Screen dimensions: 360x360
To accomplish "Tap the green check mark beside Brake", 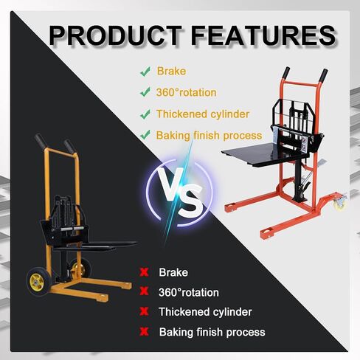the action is [145, 72].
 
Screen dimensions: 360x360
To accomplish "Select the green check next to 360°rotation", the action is [145, 92].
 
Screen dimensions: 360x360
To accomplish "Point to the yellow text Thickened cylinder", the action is [203, 114].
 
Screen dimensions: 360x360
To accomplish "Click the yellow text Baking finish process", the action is [209, 136].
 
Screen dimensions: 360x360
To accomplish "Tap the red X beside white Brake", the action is [144, 272].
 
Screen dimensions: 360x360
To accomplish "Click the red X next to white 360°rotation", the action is [144, 291].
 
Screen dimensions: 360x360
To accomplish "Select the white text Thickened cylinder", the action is [205, 312].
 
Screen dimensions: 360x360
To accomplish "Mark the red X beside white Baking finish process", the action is [144, 332].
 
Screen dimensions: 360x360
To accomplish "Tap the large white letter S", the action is [190, 201].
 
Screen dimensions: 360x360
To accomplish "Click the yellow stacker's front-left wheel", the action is [38, 282].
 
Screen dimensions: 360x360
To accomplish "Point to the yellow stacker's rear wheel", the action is [80, 269].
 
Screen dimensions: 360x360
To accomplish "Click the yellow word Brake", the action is [171, 72].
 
